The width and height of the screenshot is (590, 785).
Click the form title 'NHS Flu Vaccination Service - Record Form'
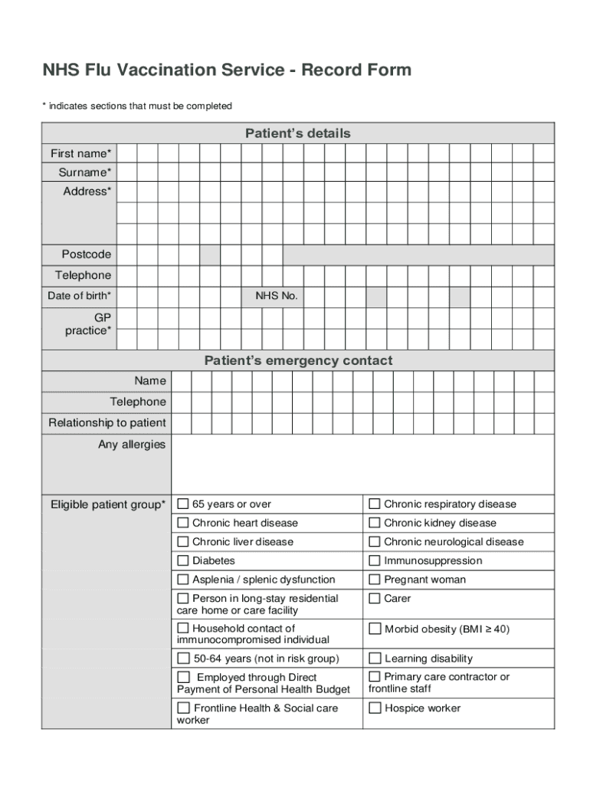click(x=227, y=71)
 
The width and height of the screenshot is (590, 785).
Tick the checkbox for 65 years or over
click(x=183, y=504)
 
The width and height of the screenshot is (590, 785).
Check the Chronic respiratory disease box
click(x=375, y=504)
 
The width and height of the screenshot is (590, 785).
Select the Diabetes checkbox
click(x=183, y=560)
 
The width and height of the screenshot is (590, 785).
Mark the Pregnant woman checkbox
click(x=375, y=580)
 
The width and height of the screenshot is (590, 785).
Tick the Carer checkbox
click(x=375, y=598)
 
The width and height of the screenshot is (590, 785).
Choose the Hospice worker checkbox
click(x=375, y=708)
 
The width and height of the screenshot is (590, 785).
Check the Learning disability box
click(x=375, y=658)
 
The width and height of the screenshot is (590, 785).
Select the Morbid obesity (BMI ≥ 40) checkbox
click(x=375, y=629)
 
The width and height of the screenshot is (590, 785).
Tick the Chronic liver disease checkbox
click(x=183, y=541)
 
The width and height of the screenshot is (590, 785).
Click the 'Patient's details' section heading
click(x=297, y=133)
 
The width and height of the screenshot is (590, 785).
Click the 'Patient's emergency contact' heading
click(x=297, y=360)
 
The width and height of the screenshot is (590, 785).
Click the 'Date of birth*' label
click(x=79, y=296)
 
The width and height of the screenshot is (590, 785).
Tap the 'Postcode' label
click(x=86, y=255)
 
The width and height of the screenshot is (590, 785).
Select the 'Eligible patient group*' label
click(x=107, y=504)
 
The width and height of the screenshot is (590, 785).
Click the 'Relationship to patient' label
click(x=107, y=423)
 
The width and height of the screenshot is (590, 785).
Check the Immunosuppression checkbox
click(x=375, y=560)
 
